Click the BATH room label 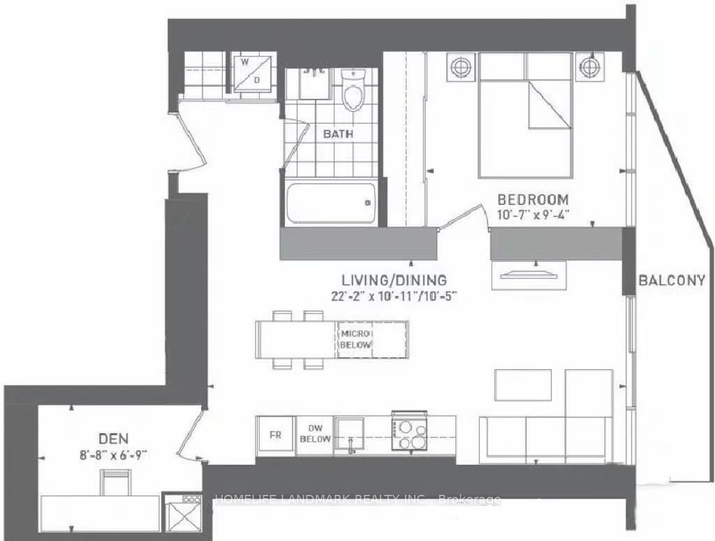pyautogui.click(x=338, y=134)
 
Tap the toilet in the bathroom pyautogui.click(x=353, y=91)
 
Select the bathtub pyautogui.click(x=332, y=203)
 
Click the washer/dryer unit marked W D pyautogui.click(x=251, y=73)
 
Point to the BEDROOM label pyautogui.click(x=533, y=199)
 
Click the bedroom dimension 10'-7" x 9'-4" pyautogui.click(x=533, y=214)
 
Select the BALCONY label pyautogui.click(x=672, y=280)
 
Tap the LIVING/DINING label pyautogui.click(x=395, y=280)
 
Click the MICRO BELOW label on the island pyautogui.click(x=356, y=339)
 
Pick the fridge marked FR pyautogui.click(x=275, y=435)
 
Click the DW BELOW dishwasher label pyautogui.click(x=315, y=434)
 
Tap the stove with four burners pyautogui.click(x=409, y=430)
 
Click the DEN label pyautogui.click(x=114, y=439)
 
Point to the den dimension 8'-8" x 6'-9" pyautogui.click(x=114, y=455)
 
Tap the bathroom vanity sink pyautogui.click(x=315, y=84)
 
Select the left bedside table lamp pyautogui.click(x=461, y=67)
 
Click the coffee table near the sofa pyautogui.click(x=523, y=385)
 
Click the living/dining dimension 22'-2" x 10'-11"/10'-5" pyautogui.click(x=395, y=296)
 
